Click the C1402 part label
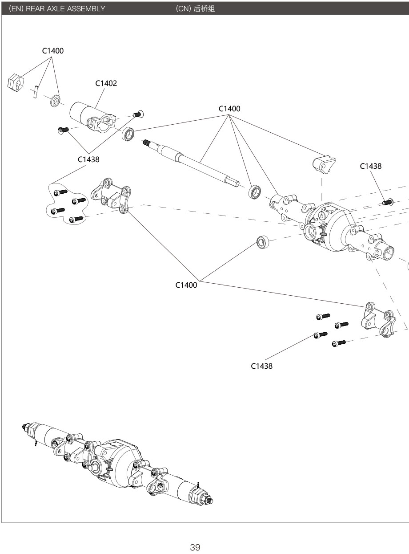(106, 83)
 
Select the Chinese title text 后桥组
(204, 9)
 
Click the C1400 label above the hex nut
(53, 51)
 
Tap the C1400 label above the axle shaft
(229, 109)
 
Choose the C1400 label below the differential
(186, 285)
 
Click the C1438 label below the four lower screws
(261, 366)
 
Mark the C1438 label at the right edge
(370, 166)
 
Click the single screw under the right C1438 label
(387, 202)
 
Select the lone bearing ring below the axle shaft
(262, 243)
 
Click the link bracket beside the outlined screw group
(111, 195)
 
